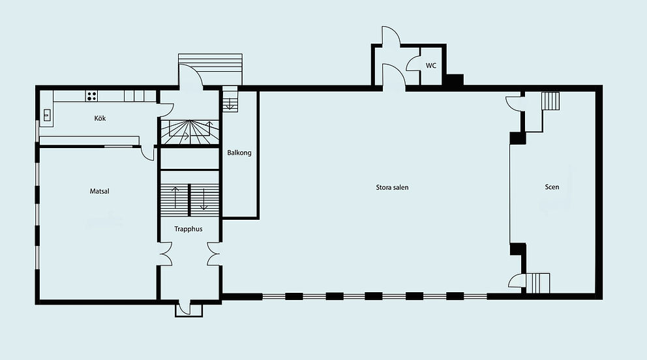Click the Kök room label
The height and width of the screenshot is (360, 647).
point(100,118)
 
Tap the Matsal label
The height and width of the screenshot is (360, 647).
point(99,191)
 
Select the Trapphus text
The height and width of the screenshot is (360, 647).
point(188,230)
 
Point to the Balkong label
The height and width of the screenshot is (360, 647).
point(239,153)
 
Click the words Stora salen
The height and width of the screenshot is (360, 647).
point(392,187)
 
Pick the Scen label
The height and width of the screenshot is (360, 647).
point(552,187)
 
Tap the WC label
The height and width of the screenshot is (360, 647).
point(430,66)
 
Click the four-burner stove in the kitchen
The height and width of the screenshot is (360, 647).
point(91,96)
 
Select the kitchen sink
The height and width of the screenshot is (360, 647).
point(47,115)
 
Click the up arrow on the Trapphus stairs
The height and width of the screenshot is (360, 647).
point(176,198)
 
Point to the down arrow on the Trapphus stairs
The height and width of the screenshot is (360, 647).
point(203,199)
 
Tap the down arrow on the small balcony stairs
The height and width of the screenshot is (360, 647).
point(230,104)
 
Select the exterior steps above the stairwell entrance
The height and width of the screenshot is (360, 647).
point(210,69)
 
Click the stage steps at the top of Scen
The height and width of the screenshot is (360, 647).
point(550,100)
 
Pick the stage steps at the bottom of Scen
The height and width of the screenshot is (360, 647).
point(537,283)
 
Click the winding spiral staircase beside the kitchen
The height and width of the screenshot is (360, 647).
point(189,132)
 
